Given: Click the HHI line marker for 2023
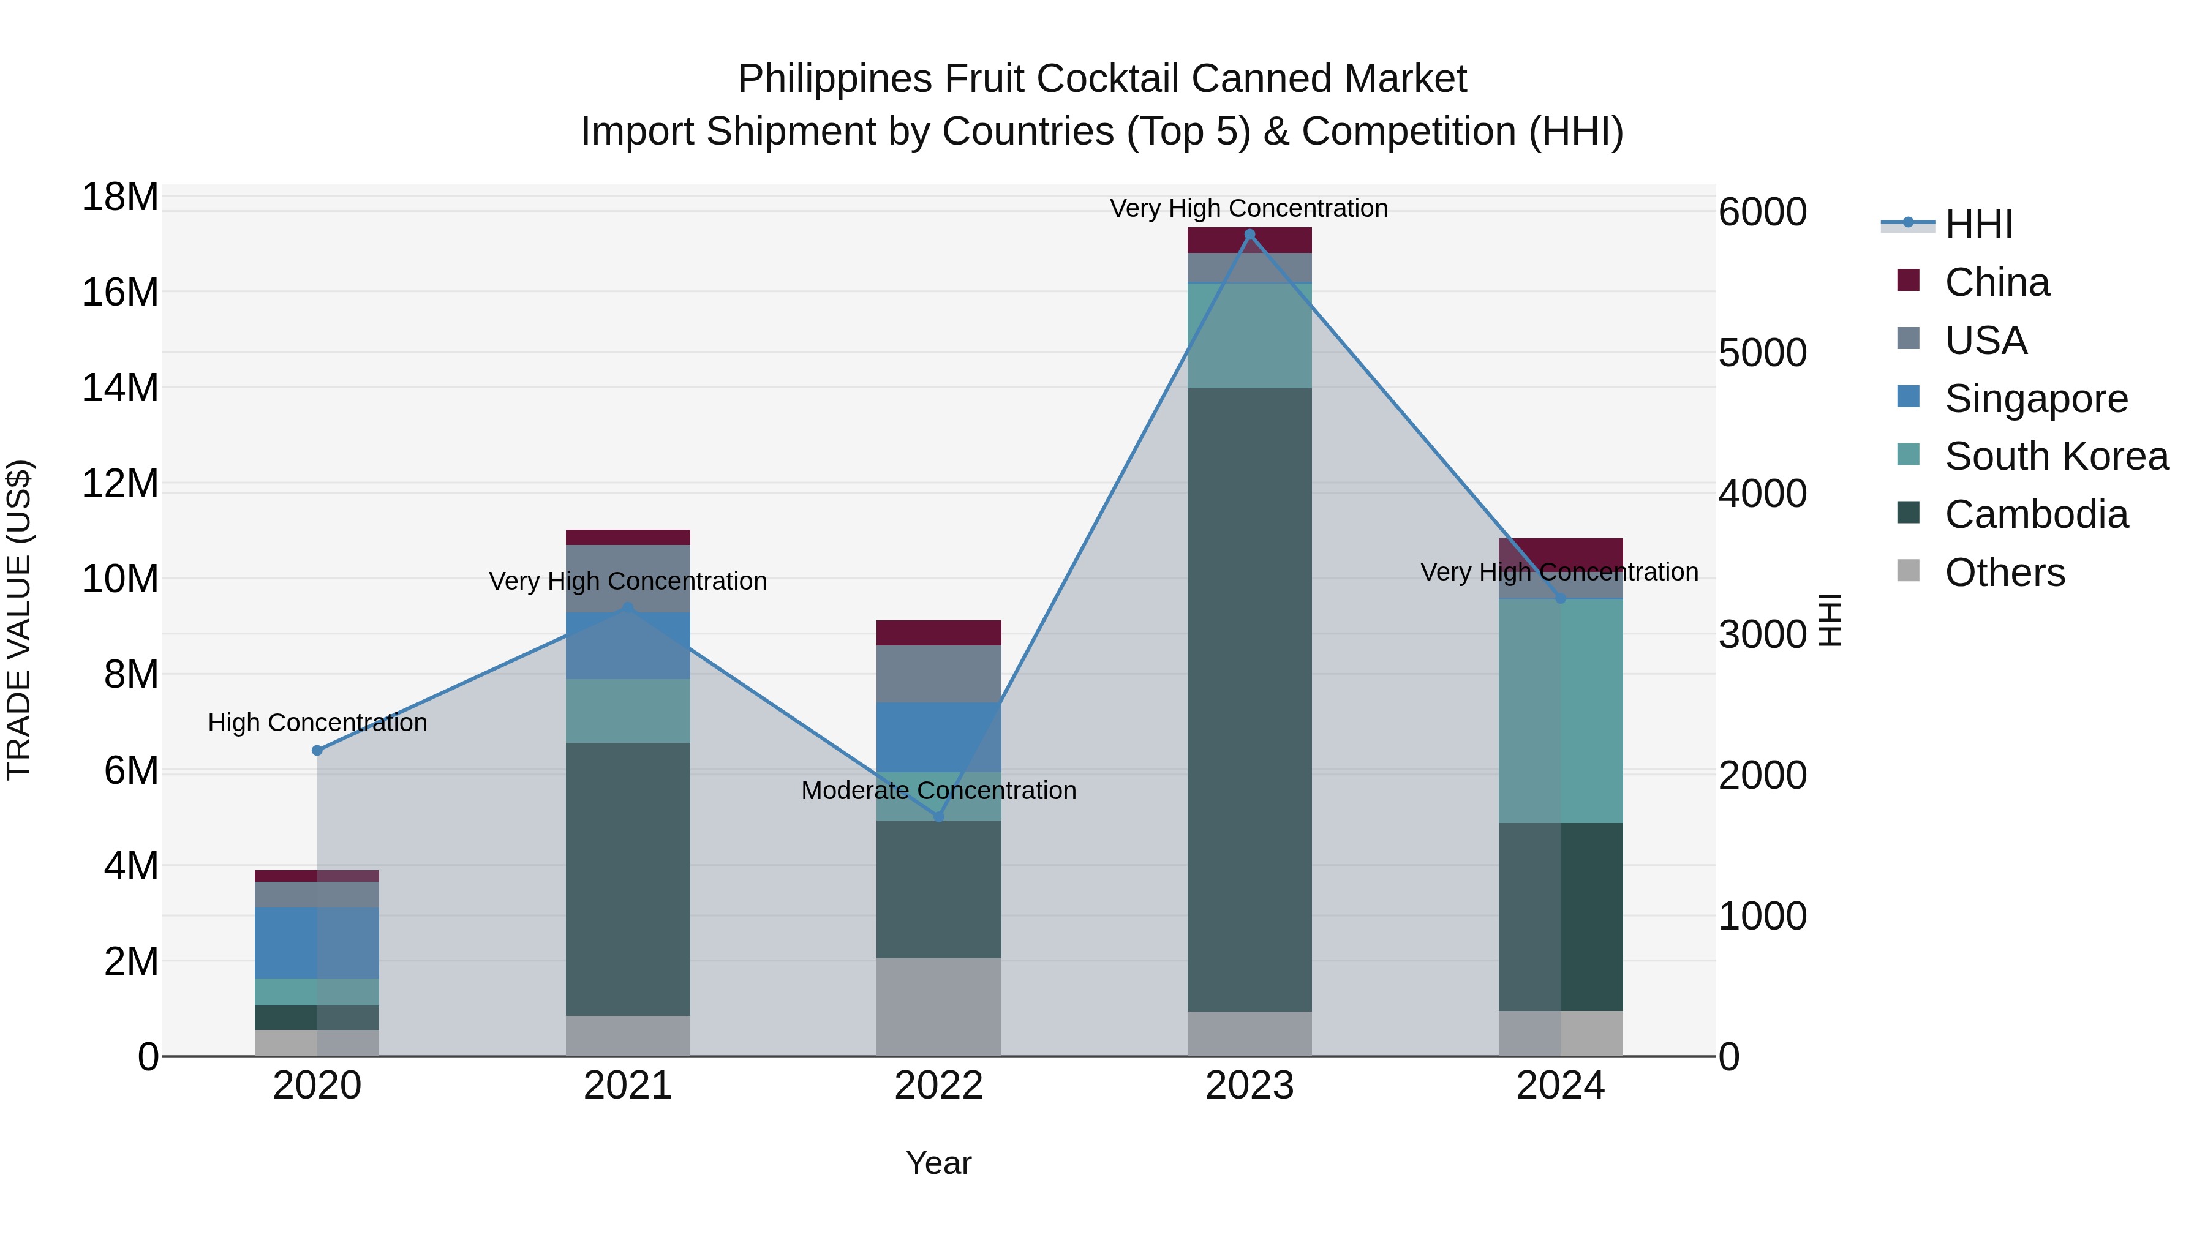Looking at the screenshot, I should (x=1249, y=235).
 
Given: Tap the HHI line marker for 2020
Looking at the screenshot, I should (x=317, y=751).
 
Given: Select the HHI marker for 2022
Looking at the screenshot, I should (x=938, y=816).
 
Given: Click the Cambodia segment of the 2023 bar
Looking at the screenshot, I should (x=1249, y=699).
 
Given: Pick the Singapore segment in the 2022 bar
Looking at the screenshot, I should (x=938, y=737).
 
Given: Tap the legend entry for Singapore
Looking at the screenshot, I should (x=2035, y=399).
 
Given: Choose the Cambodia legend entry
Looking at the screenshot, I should (x=2035, y=515).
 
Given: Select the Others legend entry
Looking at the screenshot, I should (x=2004, y=573).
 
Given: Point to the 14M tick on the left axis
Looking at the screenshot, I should (x=120, y=388).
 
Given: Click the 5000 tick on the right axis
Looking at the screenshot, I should (x=1762, y=353).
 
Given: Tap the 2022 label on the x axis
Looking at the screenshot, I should (x=938, y=1086).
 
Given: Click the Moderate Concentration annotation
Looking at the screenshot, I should (x=938, y=791).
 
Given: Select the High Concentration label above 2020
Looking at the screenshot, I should (x=317, y=723).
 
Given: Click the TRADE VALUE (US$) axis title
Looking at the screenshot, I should (x=20, y=620).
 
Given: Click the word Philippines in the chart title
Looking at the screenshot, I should (x=835, y=79).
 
